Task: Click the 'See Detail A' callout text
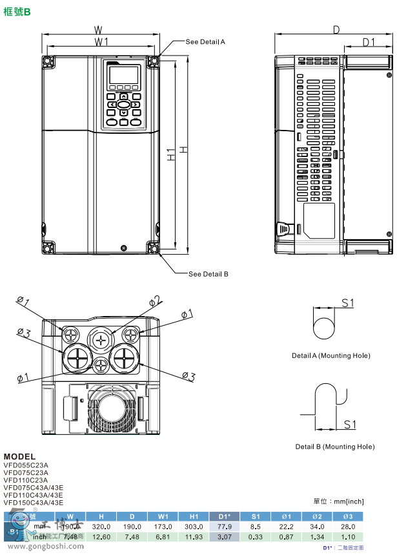click(205, 41)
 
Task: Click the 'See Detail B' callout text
click(208, 274)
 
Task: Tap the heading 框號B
click(18, 11)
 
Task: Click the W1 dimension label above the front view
click(101, 42)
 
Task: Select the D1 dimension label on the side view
click(368, 42)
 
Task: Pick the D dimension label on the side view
click(336, 29)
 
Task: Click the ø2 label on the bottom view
click(155, 301)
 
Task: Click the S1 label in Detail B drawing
click(349, 424)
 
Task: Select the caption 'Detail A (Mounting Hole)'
click(331, 355)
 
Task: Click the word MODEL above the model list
click(19, 456)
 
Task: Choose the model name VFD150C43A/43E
click(34, 502)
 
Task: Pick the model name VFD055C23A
click(26, 465)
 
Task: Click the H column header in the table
click(101, 516)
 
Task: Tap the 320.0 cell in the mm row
click(101, 527)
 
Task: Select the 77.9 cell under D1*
click(225, 527)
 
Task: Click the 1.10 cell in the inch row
click(348, 536)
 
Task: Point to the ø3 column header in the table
click(348, 516)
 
